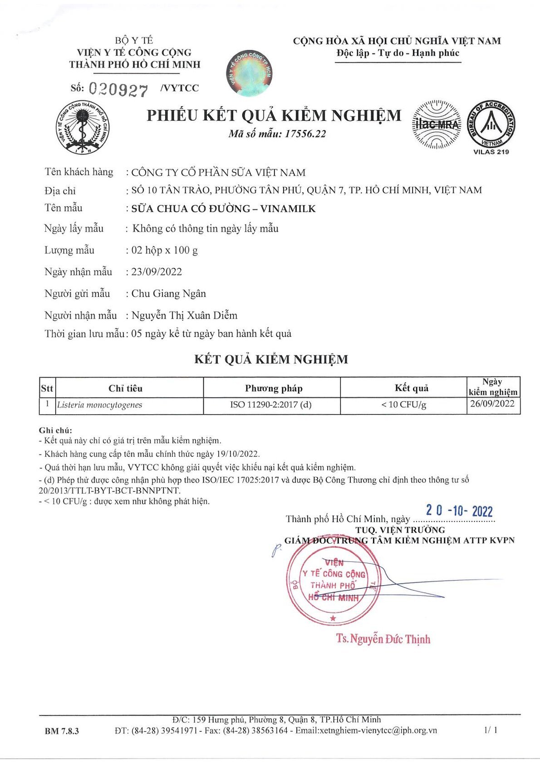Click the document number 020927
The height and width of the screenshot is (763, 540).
coord(118,89)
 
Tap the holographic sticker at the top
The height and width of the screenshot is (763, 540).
coord(249,73)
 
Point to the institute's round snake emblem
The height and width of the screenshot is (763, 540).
coord(83,128)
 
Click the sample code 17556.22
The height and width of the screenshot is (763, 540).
coord(305,134)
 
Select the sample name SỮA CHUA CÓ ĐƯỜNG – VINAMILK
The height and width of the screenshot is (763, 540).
coord(223,209)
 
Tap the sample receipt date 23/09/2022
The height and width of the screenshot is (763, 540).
coord(157,272)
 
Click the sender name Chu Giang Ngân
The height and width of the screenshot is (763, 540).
coord(168,294)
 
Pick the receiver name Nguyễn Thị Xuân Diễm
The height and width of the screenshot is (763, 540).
coord(184,316)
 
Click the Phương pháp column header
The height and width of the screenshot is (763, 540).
coord(273,388)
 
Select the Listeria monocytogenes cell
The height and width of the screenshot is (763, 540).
coord(100,405)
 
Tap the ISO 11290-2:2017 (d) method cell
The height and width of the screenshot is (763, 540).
coord(271,404)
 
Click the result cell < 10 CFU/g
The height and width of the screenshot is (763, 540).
coord(403,404)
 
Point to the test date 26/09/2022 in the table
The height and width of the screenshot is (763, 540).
coord(492,403)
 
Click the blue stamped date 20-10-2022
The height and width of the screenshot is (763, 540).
coord(459,511)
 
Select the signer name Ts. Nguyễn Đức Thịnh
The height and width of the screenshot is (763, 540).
coord(383,639)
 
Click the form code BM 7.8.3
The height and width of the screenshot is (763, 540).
coord(62,731)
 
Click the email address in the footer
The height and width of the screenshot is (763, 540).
coord(366,730)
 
